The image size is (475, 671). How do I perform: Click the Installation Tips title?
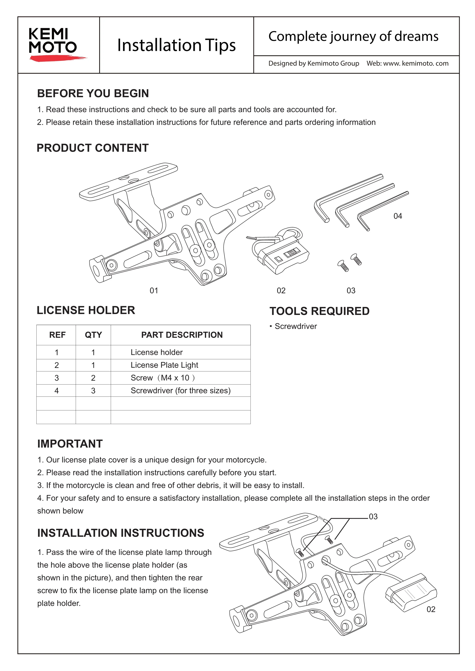[176, 45]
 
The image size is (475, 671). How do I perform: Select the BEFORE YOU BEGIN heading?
[93, 94]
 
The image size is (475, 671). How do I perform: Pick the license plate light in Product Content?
[281, 251]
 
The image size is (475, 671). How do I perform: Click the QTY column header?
[93, 335]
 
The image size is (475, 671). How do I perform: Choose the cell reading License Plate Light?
[164, 365]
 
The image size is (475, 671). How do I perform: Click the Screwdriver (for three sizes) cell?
[180, 391]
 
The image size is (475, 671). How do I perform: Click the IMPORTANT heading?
[70, 444]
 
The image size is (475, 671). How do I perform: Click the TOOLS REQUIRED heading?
[319, 311]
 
